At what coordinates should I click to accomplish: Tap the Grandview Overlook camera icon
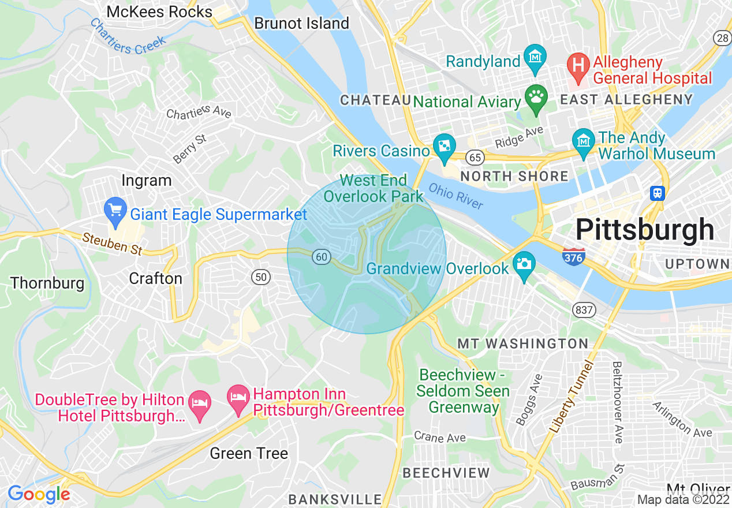pyautogui.click(x=524, y=266)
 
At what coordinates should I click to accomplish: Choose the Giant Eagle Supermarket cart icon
pyautogui.click(x=115, y=211)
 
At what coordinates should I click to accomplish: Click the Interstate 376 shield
pyautogui.click(x=574, y=255)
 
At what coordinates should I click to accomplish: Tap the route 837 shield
pyautogui.click(x=584, y=310)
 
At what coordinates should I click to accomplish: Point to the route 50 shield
pyautogui.click(x=261, y=277)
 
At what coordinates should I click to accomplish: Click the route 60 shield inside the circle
pyautogui.click(x=322, y=256)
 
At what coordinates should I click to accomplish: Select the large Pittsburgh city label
pyautogui.click(x=645, y=230)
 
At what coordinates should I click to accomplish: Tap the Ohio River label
pyautogui.click(x=456, y=196)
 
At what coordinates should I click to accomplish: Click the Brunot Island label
pyautogui.click(x=302, y=23)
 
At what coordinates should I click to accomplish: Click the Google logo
pyautogui.click(x=39, y=494)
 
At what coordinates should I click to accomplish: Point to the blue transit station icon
pyautogui.click(x=657, y=193)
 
